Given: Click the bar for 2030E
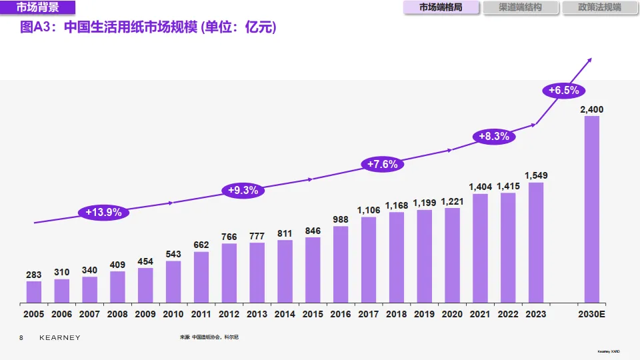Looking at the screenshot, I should pos(591,209).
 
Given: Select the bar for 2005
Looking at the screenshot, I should pos(34,292).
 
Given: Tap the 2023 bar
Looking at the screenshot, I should pos(536,243).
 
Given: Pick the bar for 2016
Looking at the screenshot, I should pos(341,265).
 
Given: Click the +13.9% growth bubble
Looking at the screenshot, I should pos(103,213).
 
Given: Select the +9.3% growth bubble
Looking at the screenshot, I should pos(243,190).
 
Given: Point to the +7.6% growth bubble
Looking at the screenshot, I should pos(382,164).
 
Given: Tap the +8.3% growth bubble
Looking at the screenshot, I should pos(494,136).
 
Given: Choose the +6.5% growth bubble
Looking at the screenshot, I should pos(563,90).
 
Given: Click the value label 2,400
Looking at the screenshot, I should pos(591,109).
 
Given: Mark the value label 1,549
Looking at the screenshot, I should pos(536,175).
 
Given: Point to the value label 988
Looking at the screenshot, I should pos(341,219).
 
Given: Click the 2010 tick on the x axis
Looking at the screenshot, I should pos(173,314).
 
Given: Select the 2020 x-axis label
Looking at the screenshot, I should pos(452,314).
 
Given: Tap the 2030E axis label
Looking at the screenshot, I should pos(591,314).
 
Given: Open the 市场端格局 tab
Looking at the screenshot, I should pos(441,7).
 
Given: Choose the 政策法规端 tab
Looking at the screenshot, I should pos(599,7).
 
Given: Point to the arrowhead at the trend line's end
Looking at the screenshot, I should pos(589,61).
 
